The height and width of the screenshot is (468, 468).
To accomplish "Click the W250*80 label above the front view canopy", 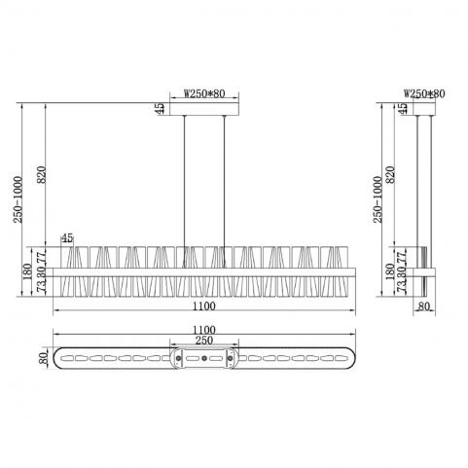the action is (204, 93).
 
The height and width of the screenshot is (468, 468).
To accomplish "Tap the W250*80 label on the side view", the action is (424, 93).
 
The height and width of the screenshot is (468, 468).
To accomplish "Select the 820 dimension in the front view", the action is (42, 175).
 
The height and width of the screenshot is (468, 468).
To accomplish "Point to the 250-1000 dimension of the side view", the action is (378, 199).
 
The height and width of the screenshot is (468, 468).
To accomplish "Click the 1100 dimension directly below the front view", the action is (204, 306).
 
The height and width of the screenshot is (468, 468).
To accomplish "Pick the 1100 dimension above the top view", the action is (204, 330).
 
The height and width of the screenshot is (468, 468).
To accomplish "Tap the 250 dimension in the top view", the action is (204, 341).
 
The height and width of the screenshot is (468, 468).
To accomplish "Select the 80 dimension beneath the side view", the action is (424, 306).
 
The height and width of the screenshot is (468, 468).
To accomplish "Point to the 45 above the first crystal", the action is (67, 238).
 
